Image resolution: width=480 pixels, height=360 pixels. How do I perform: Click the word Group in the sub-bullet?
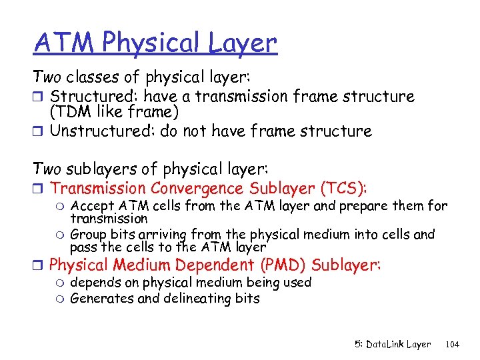point(89,235)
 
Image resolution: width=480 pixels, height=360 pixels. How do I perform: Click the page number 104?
point(452,344)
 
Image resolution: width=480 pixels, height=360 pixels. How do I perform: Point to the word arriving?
point(162,235)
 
